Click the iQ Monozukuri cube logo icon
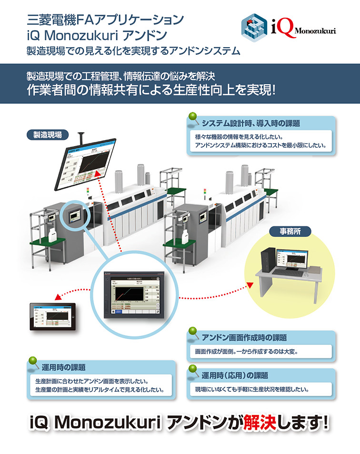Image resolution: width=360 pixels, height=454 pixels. coord(255,27)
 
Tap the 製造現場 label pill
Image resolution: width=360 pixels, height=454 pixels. coord(47,135)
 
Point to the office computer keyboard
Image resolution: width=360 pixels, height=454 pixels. coord(288,272)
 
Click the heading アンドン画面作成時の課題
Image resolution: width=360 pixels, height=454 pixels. coord(244,337)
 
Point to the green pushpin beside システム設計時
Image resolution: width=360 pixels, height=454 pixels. coord(193,118)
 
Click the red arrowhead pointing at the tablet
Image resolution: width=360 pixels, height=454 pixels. coord(57,297)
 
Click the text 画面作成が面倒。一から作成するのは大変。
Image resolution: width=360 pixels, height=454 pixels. coord(246,353)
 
